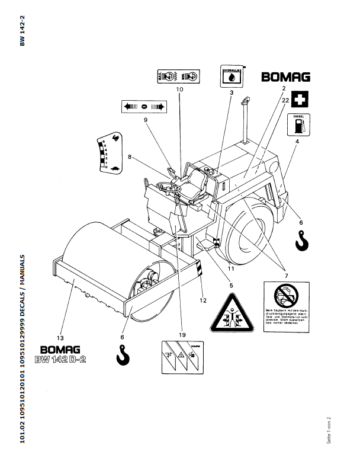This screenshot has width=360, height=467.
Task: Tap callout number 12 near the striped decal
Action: pyautogui.click(x=203, y=300)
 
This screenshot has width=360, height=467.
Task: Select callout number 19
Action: pyautogui.click(x=182, y=334)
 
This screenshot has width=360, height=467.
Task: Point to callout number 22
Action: pyautogui.click(x=285, y=101)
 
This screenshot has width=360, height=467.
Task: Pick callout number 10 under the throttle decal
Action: pyautogui.click(x=179, y=89)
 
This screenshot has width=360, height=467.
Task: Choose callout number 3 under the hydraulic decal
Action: pyautogui.click(x=232, y=92)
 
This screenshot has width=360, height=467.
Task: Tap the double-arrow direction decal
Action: pyautogui.click(x=144, y=107)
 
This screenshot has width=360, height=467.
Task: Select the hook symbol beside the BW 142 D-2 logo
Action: pyautogui.click(x=122, y=355)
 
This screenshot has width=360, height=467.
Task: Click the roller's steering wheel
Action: pyautogui.click(x=169, y=188)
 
